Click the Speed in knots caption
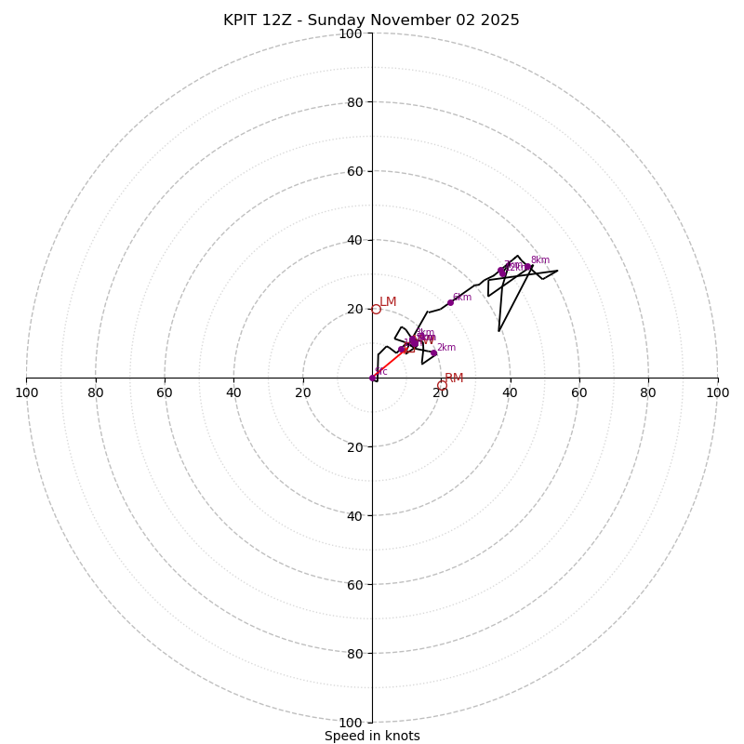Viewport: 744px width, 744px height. (372, 736)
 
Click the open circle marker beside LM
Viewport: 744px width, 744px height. (376, 309)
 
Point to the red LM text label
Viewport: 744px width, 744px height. (388, 301)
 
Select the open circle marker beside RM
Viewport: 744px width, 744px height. (442, 385)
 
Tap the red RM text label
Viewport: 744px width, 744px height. (454, 379)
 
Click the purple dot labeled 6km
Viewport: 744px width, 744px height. (451, 302)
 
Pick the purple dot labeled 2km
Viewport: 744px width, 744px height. (433, 353)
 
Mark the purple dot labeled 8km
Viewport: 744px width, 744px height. (528, 267)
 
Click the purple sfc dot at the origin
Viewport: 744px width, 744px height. (372, 378)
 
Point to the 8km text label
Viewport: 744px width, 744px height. (540, 260)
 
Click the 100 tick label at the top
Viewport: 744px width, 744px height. (351, 33)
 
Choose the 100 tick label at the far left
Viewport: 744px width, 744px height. (26, 392)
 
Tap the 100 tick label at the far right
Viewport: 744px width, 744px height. (717, 392)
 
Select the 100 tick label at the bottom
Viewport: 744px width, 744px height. (351, 722)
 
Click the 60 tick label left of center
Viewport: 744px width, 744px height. (165, 392)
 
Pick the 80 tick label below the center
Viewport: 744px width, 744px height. (354, 653)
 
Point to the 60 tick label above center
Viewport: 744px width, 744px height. (354, 171)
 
